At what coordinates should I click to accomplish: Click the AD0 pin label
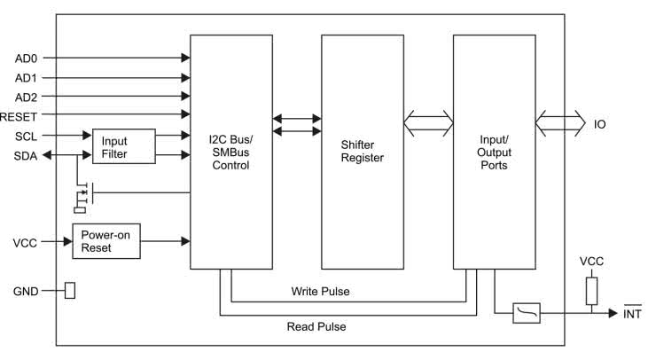[x=27, y=59]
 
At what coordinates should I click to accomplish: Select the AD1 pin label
[x=27, y=77]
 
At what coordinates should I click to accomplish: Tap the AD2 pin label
[x=27, y=96]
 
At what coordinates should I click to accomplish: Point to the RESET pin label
[x=19, y=115]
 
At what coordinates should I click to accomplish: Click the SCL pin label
[x=27, y=136]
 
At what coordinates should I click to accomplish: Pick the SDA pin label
[x=27, y=155]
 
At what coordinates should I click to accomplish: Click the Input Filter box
[x=123, y=145]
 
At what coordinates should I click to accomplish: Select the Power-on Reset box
[x=105, y=241]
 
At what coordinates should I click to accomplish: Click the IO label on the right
[x=600, y=125]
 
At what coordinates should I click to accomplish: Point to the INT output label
[x=632, y=313]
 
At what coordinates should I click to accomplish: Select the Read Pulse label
[x=316, y=326]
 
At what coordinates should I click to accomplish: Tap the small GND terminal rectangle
[x=70, y=291]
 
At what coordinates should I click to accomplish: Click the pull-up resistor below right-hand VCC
[x=591, y=290]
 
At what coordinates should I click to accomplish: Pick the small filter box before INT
[x=527, y=313]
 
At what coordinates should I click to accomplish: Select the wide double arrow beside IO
[x=560, y=124]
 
